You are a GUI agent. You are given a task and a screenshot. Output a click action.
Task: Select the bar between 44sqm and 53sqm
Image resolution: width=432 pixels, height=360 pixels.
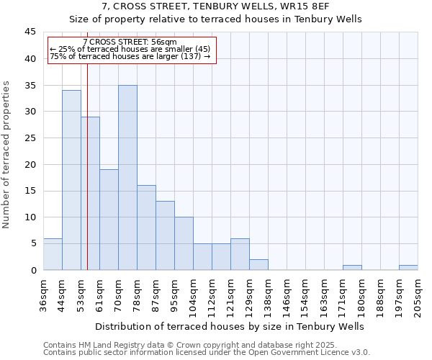[71, 180]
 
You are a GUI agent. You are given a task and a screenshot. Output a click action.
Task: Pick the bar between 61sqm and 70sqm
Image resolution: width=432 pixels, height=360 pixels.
[109, 220]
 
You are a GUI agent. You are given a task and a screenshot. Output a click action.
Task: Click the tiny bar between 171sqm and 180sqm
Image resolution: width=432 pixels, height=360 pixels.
[352, 268]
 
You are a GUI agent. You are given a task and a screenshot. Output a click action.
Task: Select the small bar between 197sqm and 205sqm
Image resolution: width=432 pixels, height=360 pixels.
[408, 268]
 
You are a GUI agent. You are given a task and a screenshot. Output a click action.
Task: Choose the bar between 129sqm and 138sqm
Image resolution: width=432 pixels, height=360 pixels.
[258, 265]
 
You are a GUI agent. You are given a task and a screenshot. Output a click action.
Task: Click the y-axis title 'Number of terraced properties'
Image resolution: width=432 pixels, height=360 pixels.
[6, 155]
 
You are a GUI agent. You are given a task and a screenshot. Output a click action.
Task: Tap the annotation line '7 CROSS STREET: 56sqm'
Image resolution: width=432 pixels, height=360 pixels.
[130, 42]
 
